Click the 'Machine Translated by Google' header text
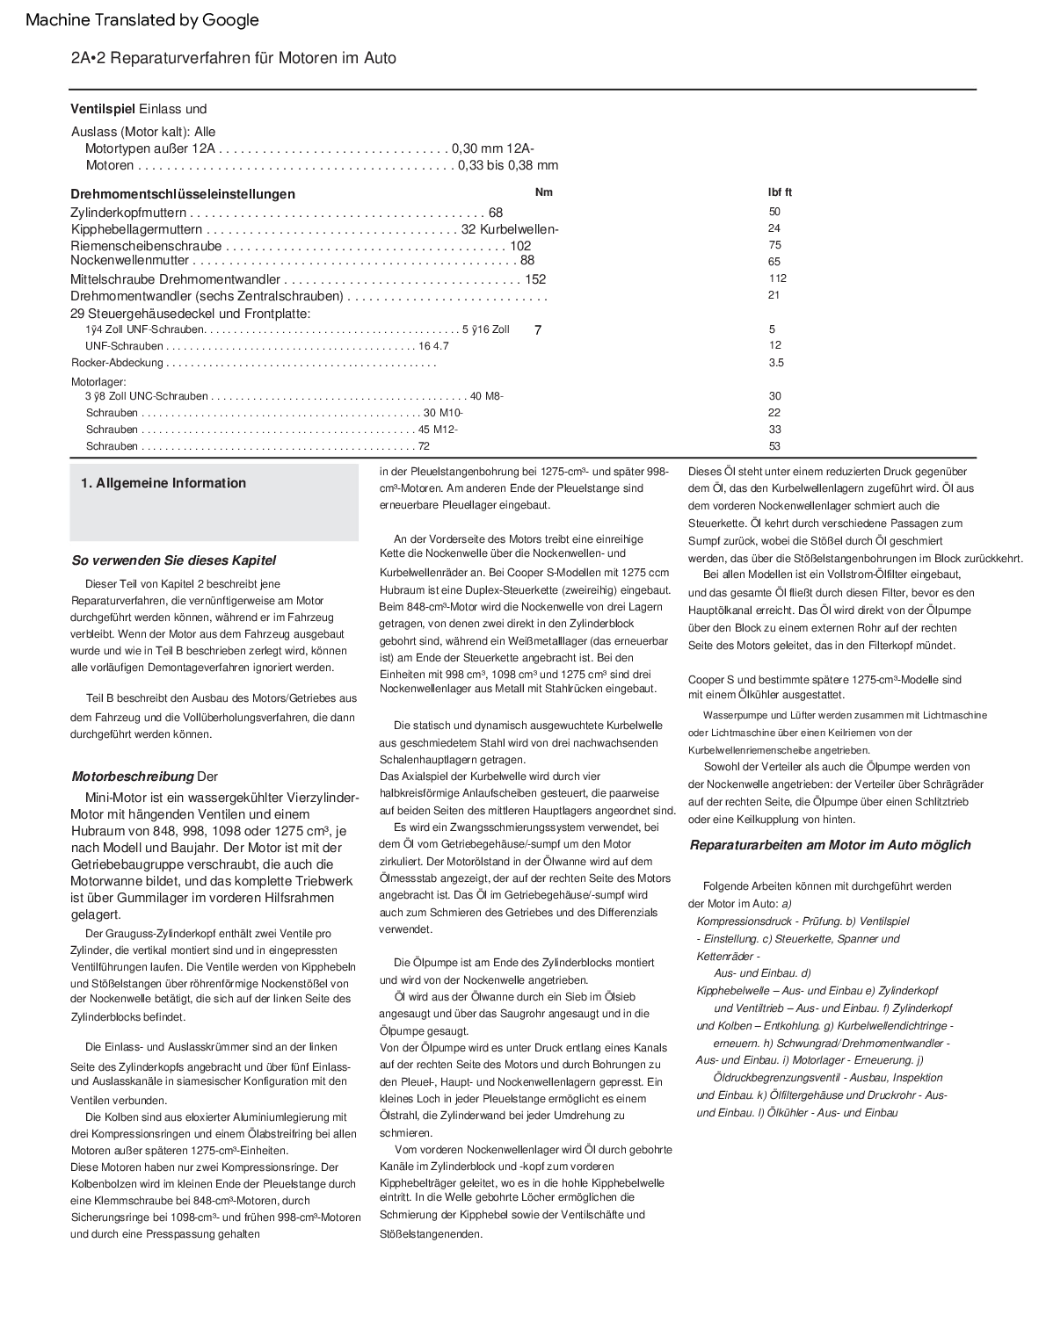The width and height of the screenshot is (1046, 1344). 142,20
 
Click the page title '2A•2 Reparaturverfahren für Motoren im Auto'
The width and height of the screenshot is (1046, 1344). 234,58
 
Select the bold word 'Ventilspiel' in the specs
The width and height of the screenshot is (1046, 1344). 103,109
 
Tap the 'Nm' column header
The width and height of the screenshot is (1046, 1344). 544,192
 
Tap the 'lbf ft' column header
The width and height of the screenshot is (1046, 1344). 780,192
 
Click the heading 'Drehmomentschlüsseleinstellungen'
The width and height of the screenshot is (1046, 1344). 183,194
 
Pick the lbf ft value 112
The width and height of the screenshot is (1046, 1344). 777,278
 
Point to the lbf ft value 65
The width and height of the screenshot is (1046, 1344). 774,262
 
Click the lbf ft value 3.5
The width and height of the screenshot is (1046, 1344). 775,363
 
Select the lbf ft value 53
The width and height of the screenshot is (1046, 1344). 774,446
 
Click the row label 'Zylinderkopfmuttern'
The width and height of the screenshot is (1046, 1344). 128,213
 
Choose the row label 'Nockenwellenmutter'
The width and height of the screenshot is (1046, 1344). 129,260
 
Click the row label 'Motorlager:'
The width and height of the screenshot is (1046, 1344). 98,382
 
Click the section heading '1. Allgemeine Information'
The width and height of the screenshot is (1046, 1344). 163,483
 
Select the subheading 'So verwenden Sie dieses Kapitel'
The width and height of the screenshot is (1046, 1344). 173,560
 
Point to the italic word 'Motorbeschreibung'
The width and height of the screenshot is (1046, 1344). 132,777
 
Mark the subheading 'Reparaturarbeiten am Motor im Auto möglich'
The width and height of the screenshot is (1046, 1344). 830,845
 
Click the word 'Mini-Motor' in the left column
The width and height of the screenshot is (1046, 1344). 117,798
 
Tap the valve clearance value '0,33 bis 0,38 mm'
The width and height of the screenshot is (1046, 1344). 508,165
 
